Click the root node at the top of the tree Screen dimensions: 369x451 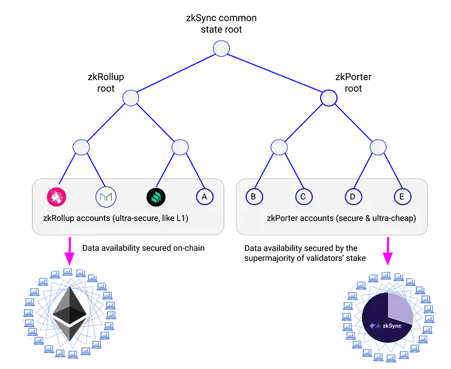[221, 48]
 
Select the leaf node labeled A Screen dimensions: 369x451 [204, 196]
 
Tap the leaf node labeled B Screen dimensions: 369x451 [253, 196]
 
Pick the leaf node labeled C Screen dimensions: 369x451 [303, 196]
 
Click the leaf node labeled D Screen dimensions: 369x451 [353, 196]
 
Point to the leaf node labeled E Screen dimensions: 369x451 [402, 196]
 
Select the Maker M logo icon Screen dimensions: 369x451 [105, 196]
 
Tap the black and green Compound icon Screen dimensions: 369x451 [155, 196]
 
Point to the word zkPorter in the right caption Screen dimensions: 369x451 [285, 220]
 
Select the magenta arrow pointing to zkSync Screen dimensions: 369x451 [388, 251]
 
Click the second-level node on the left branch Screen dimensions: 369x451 [130, 98]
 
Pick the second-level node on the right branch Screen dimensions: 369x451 [329, 98]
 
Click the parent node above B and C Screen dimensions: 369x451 [279, 147]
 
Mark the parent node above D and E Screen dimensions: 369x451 [378, 147]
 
